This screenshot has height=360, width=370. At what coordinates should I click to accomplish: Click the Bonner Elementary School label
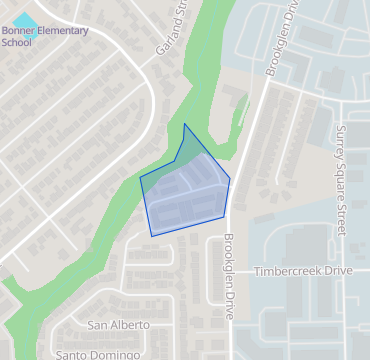tap(44, 36)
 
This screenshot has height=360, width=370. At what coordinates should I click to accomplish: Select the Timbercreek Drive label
tap(303, 272)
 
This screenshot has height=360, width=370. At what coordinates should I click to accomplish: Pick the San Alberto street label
tap(118, 325)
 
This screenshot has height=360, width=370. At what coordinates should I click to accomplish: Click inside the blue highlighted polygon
tap(186, 195)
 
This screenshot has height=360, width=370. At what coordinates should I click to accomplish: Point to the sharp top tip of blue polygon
tap(185, 124)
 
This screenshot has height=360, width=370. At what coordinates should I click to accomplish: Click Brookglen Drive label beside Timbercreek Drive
tap(228, 276)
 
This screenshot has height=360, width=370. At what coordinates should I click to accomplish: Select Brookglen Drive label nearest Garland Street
tap(280, 40)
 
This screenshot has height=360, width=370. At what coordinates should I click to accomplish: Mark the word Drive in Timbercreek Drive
tap(338, 272)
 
